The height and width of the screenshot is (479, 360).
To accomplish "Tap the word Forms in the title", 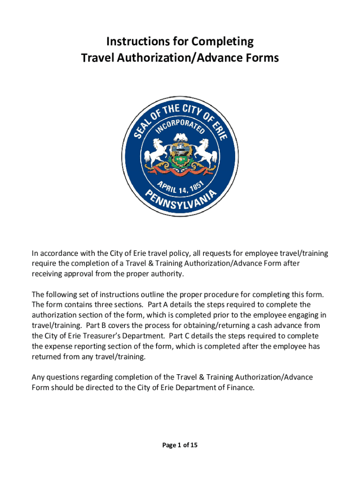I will [x=261, y=58].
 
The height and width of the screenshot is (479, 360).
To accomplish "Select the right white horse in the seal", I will [x=204, y=153].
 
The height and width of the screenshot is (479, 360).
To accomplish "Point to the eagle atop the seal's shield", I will [x=180, y=137].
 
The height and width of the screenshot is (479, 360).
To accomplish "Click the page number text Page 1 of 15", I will [x=180, y=445].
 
